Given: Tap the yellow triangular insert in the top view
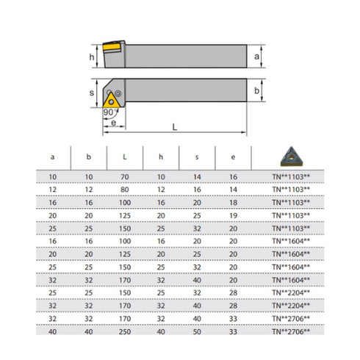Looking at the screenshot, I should coord(113,99).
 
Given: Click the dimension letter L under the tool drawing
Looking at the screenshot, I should coord(174,127).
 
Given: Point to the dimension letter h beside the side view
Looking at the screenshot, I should coord(91,56).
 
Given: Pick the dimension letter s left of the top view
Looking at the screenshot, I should coord(91,93).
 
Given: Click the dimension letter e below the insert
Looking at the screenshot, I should coord(112,123).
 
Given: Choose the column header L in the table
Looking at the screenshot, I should coord(124,157).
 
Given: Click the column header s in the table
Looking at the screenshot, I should coord(197,157).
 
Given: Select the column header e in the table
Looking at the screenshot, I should coord(233,157).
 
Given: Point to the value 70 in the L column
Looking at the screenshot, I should coord(124,177).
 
